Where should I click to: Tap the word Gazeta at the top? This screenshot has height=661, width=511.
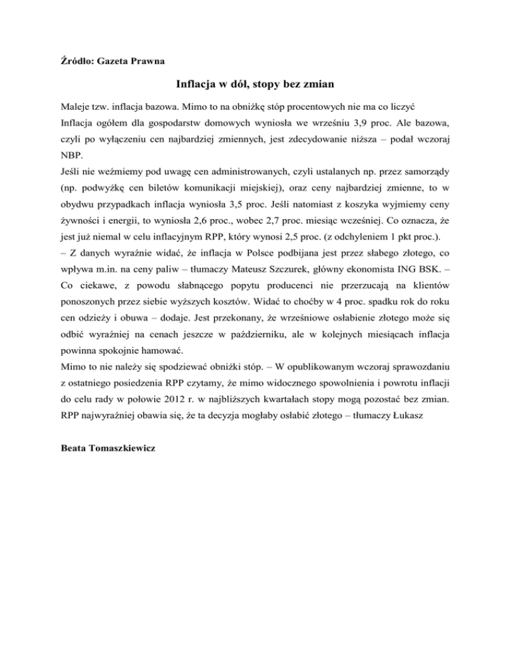point(107,61)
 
